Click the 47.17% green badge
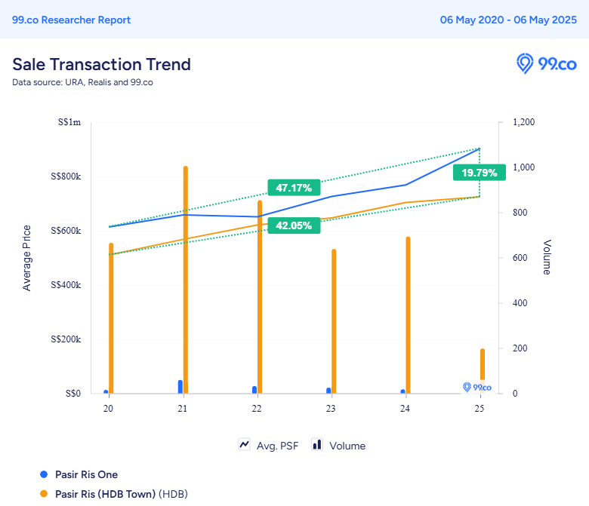[x=294, y=188]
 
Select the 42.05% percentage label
[x=294, y=225]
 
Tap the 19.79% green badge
[x=480, y=173]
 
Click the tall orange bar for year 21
[x=186, y=280]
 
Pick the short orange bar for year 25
[x=483, y=371]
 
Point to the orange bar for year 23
[x=334, y=321]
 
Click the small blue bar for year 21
[x=180, y=387]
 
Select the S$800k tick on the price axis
[x=66, y=176]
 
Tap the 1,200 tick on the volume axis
[x=523, y=122]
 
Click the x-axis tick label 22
[x=257, y=409]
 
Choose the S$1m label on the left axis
[x=69, y=122]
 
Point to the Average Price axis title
[x=26, y=258]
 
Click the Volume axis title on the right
[x=547, y=257]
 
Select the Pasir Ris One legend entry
[x=79, y=474]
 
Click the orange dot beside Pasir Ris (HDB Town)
[x=44, y=494]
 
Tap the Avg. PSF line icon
[x=245, y=445]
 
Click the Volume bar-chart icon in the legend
[x=317, y=445]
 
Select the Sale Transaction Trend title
[x=101, y=65]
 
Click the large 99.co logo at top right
[x=546, y=64]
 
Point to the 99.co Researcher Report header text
[x=72, y=20]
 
